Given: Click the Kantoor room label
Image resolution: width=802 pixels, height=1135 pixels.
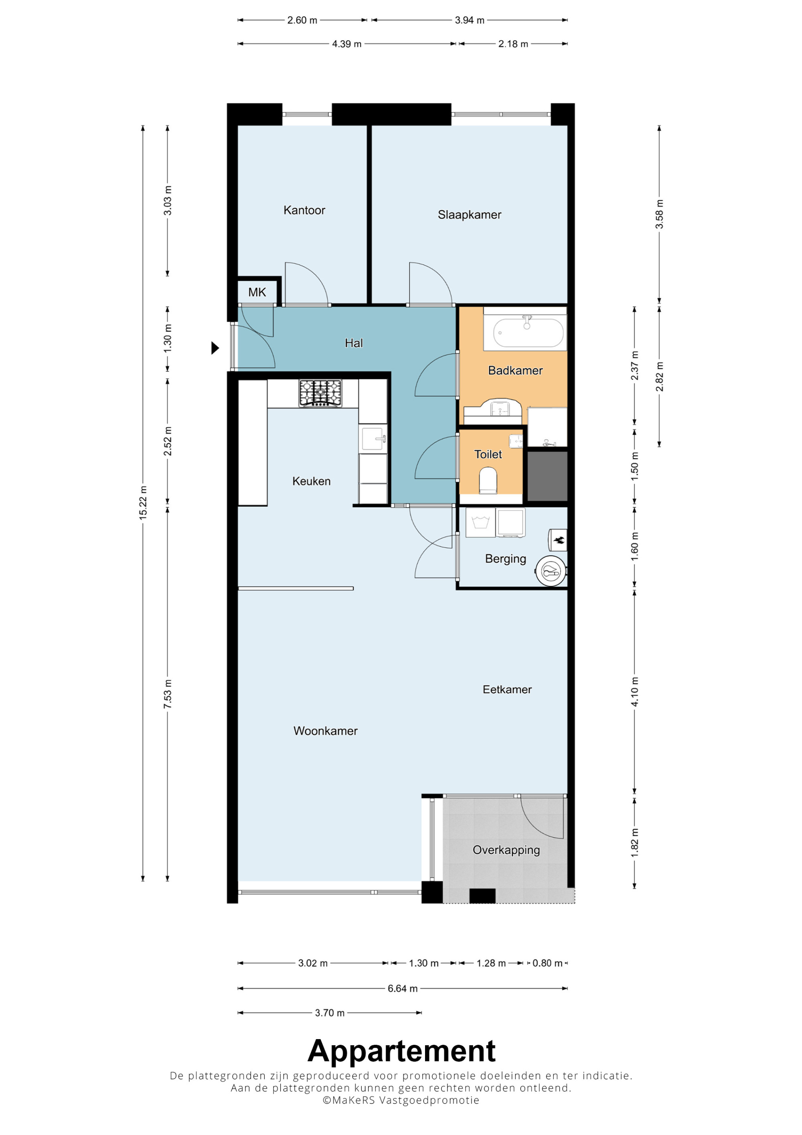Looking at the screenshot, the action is (x=304, y=210).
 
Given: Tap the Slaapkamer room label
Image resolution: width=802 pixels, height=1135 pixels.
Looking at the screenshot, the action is (x=470, y=215).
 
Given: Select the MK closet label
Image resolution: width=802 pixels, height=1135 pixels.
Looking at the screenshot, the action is (x=257, y=292).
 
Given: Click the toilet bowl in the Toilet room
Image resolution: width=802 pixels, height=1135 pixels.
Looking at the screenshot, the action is (x=488, y=480).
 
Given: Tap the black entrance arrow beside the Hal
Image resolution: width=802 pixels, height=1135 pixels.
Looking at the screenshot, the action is (x=215, y=348).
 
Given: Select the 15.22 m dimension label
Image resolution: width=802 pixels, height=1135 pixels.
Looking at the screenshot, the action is (x=143, y=502).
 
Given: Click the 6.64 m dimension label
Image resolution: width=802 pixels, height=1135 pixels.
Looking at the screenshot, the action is (x=402, y=988).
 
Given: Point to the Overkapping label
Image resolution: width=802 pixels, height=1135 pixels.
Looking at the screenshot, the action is (x=506, y=850).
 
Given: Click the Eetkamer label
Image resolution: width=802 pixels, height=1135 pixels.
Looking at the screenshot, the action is (x=507, y=689).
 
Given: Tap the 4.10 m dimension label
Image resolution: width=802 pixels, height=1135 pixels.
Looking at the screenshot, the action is (x=634, y=691).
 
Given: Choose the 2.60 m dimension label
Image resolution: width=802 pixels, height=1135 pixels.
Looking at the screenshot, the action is (x=302, y=20).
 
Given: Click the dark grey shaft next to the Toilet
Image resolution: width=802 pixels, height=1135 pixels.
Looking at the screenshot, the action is (x=547, y=476).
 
